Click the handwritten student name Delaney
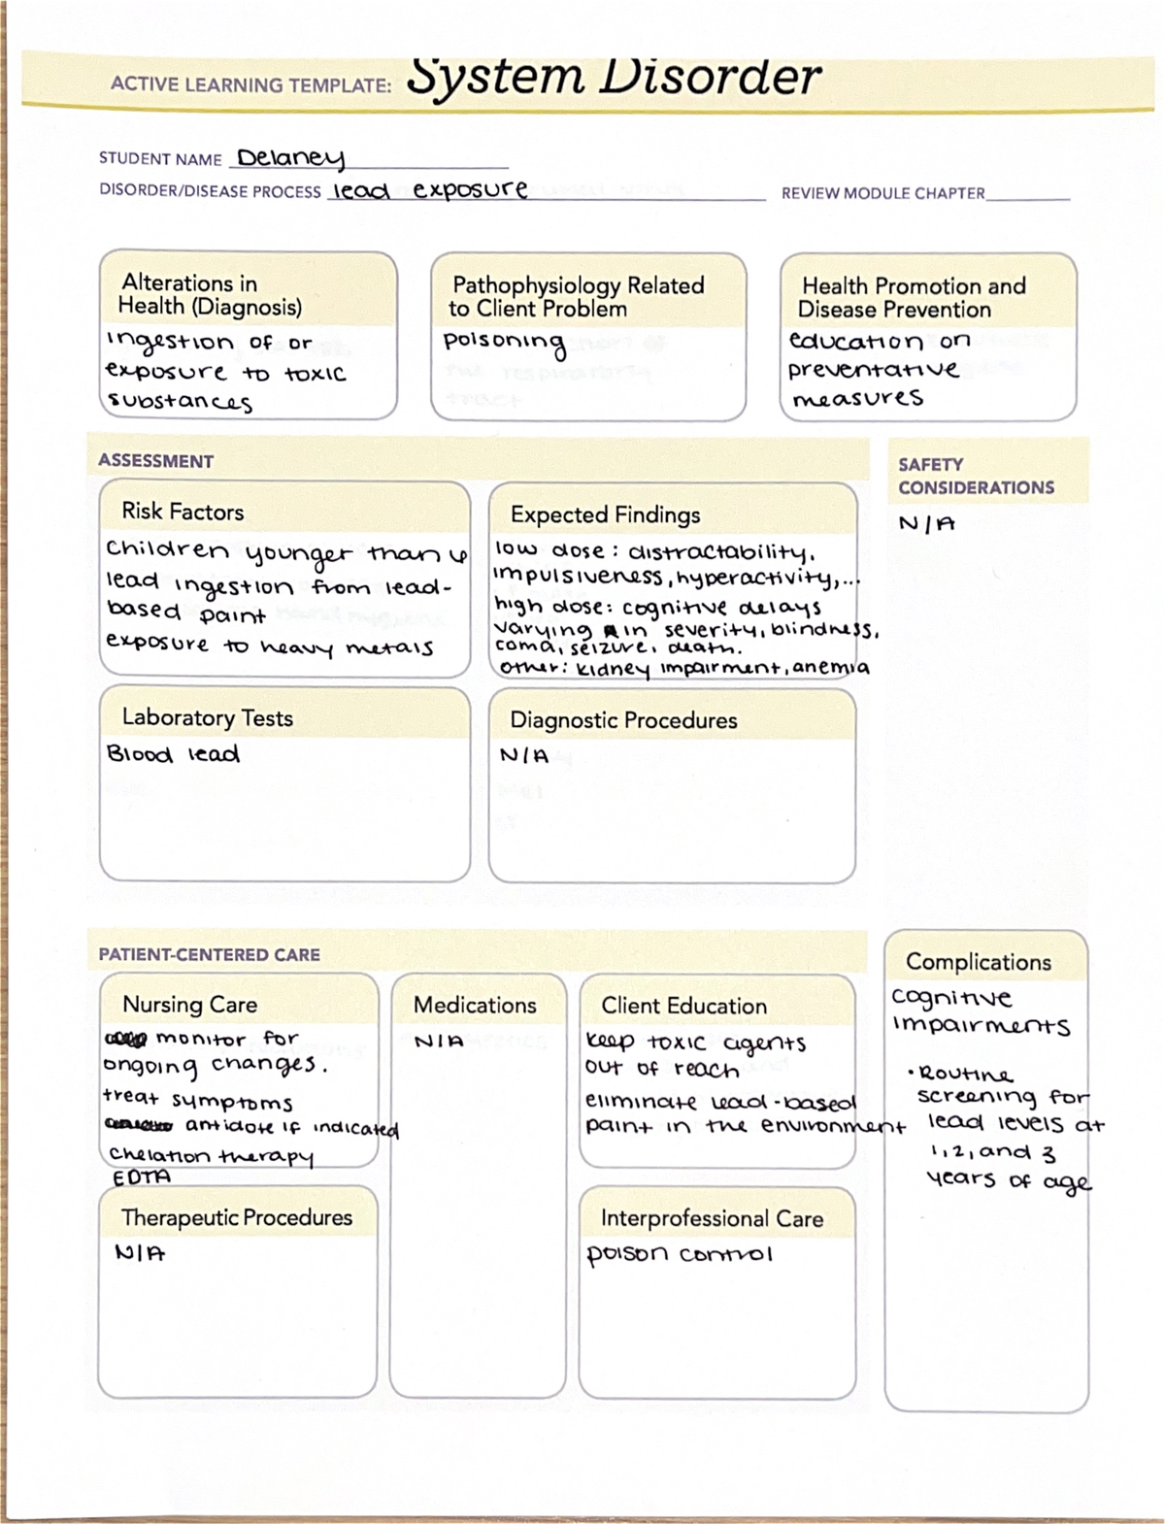(290, 158)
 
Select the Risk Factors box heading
(183, 512)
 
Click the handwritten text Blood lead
(173, 754)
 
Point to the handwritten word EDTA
(142, 1176)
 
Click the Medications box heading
(475, 1005)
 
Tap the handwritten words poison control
(679, 1254)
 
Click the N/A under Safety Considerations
(927, 524)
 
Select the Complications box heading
(978, 962)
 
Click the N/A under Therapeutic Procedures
(141, 1252)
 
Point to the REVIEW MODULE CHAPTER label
(882, 193)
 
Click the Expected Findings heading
(605, 514)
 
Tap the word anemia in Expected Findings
(832, 668)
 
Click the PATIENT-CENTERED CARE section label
(209, 954)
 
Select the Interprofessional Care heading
(711, 1218)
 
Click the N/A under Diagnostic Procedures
(524, 755)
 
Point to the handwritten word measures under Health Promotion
(857, 398)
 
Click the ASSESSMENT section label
(155, 461)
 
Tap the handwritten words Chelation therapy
(212, 1156)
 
